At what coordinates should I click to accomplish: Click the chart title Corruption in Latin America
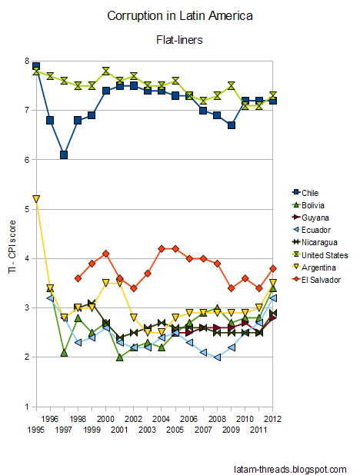pyautogui.click(x=180, y=16)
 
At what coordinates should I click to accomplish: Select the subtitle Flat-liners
pyautogui.click(x=179, y=40)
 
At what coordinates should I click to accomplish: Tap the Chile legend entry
pyautogui.click(x=305, y=193)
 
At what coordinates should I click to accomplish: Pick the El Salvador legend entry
pyautogui.click(x=316, y=280)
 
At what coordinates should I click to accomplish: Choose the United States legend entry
pyautogui.click(x=320, y=255)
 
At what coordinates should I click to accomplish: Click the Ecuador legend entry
pyautogui.click(x=312, y=230)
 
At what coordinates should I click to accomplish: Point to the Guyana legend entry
pyautogui.click(x=310, y=218)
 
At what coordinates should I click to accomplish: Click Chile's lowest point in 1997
pyautogui.click(x=64, y=154)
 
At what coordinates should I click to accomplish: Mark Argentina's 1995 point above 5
pyautogui.click(x=36, y=199)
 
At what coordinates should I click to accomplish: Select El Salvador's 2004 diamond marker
pyautogui.click(x=162, y=249)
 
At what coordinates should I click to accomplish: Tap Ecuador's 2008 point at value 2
pyautogui.click(x=217, y=357)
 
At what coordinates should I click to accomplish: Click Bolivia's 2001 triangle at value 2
pyautogui.click(x=120, y=357)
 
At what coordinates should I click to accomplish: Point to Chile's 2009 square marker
pyautogui.click(x=231, y=125)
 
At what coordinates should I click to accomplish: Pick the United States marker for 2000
pyautogui.click(x=106, y=71)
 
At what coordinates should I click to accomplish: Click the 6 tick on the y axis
pyautogui.click(x=27, y=160)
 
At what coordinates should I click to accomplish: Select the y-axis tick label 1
pyautogui.click(x=27, y=407)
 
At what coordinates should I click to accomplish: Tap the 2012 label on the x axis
pyautogui.click(x=272, y=419)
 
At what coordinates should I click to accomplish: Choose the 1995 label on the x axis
pyautogui.click(x=36, y=430)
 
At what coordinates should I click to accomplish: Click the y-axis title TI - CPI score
pyautogui.click(x=12, y=247)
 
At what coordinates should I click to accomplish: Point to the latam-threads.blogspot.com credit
pyautogui.click(x=290, y=470)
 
